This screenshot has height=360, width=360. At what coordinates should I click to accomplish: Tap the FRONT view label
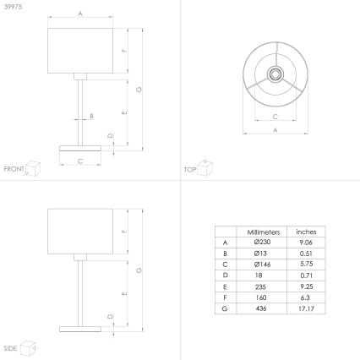[x=13, y=170]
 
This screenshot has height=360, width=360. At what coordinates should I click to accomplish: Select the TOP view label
[x=191, y=170]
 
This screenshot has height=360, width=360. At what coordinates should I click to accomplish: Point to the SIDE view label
[x=10, y=347]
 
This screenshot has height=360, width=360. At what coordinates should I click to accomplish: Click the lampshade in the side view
[x=80, y=227]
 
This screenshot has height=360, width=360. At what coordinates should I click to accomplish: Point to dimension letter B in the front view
[x=91, y=116]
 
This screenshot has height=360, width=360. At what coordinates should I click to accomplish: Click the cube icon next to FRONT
[x=34, y=167]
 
